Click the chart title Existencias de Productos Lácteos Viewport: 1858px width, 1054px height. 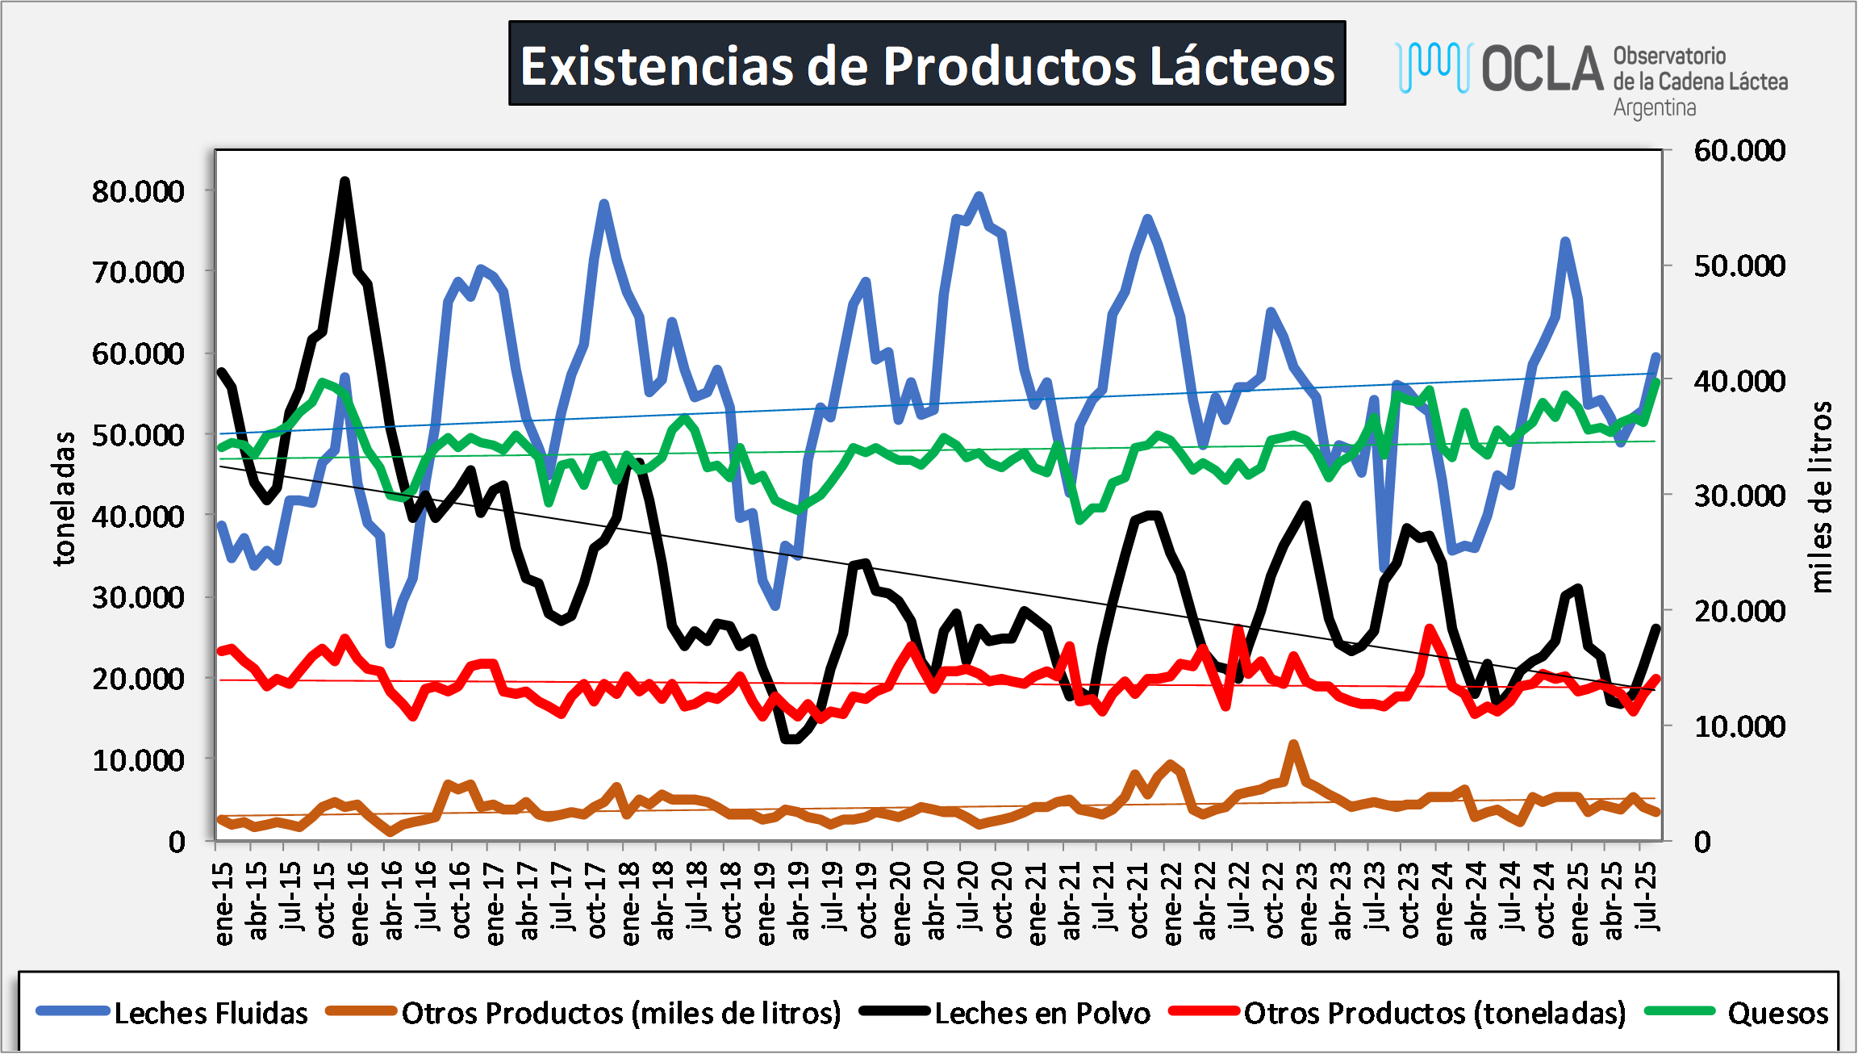pyautogui.click(x=927, y=65)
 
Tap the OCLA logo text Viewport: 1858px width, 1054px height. pyautogui.click(x=1542, y=69)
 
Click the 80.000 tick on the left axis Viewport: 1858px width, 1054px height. pyautogui.click(x=138, y=192)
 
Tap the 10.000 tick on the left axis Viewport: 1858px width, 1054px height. pyautogui.click(x=138, y=760)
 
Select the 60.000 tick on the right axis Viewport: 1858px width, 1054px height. pyautogui.click(x=1739, y=151)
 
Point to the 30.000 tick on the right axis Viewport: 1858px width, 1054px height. pyautogui.click(x=1739, y=496)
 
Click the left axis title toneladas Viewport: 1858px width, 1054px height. pyautogui.click(x=65, y=499)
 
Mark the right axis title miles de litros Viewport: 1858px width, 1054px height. pyautogui.click(x=1821, y=497)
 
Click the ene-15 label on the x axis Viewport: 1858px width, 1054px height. pyautogui.click(x=223, y=903)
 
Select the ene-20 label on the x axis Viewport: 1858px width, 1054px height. pyautogui.click(x=901, y=903)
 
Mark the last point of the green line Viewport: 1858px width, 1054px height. pyautogui.click(x=1656, y=381)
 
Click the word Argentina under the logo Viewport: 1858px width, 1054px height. pyautogui.click(x=1654, y=108)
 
